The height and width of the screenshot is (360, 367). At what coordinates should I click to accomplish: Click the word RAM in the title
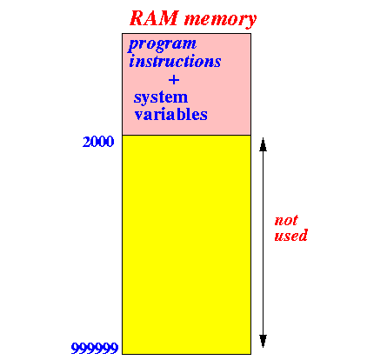click(x=154, y=18)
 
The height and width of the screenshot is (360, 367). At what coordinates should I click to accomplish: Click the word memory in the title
click(x=221, y=20)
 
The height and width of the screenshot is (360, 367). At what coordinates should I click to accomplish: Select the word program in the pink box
click(x=163, y=45)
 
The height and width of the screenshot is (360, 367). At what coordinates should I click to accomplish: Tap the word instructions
click(x=175, y=61)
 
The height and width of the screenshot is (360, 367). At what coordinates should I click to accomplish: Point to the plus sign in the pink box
click(x=174, y=79)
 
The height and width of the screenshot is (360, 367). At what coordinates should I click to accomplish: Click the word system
click(x=161, y=98)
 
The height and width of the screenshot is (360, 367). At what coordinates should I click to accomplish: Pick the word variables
click(x=171, y=114)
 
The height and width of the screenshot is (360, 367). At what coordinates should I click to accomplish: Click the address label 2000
click(x=98, y=142)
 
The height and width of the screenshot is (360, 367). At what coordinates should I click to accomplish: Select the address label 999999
click(x=95, y=348)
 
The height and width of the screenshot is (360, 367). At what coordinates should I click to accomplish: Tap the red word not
click(x=286, y=221)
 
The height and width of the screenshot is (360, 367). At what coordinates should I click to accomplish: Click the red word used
click(x=290, y=236)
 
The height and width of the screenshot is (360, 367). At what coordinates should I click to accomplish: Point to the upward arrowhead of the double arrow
click(x=263, y=144)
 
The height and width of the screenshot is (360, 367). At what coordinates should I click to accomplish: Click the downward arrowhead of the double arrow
click(x=263, y=341)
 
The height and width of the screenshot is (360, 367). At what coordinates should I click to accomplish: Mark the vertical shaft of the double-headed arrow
click(x=263, y=243)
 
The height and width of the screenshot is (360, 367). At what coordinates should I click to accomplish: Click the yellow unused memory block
click(x=186, y=244)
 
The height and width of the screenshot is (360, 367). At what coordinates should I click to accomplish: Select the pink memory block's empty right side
click(x=233, y=87)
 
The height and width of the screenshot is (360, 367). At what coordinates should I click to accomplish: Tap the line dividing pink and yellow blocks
click(x=186, y=135)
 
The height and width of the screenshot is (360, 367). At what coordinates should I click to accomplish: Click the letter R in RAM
click(x=137, y=18)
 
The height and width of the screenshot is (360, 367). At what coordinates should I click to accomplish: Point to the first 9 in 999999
click(x=75, y=348)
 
